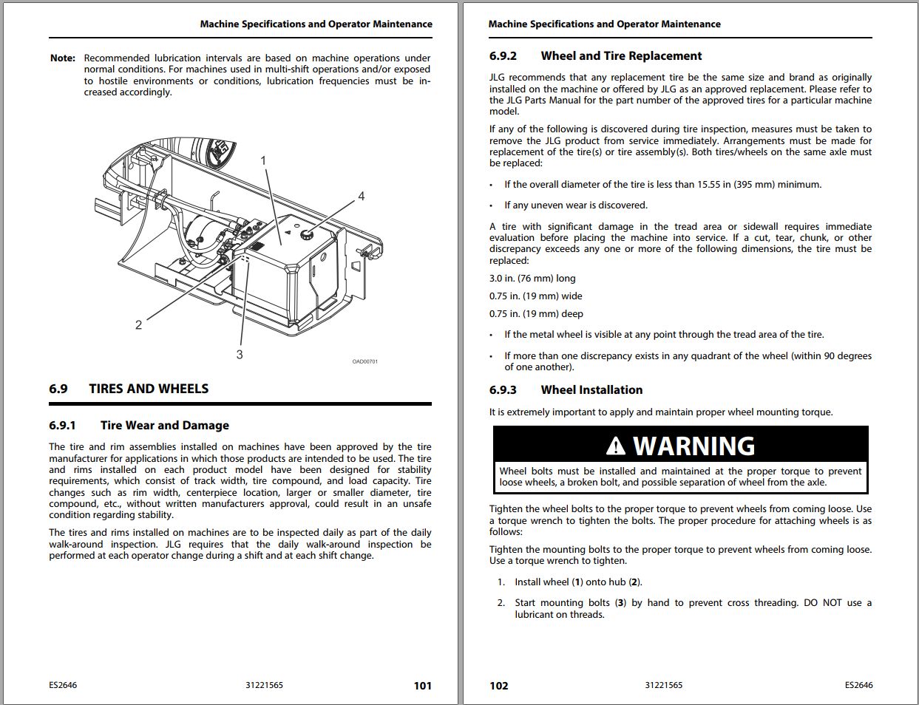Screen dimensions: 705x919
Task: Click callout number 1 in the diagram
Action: [x=264, y=160]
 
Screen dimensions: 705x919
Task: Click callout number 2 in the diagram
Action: [x=138, y=325]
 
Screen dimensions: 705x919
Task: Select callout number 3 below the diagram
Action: [x=240, y=355]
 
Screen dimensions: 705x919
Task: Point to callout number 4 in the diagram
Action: [x=361, y=197]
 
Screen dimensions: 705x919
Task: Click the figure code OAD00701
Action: [x=364, y=361]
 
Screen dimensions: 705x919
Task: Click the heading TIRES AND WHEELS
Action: [x=149, y=389]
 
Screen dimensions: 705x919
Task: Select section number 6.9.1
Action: [x=62, y=426]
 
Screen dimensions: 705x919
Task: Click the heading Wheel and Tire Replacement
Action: [x=621, y=56]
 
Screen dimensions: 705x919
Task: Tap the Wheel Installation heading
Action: [x=591, y=390]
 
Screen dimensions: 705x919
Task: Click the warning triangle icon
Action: [x=615, y=446]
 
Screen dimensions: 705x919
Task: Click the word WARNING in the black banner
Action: [x=694, y=446]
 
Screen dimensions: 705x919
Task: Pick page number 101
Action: [x=422, y=686]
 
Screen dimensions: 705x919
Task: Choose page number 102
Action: [x=499, y=686]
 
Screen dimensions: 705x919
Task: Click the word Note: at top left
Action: [x=63, y=58]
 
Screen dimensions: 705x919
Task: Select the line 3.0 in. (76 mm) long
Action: [x=532, y=279]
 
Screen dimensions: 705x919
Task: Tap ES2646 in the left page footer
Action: [x=63, y=685]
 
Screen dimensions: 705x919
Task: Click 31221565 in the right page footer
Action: [x=663, y=685]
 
